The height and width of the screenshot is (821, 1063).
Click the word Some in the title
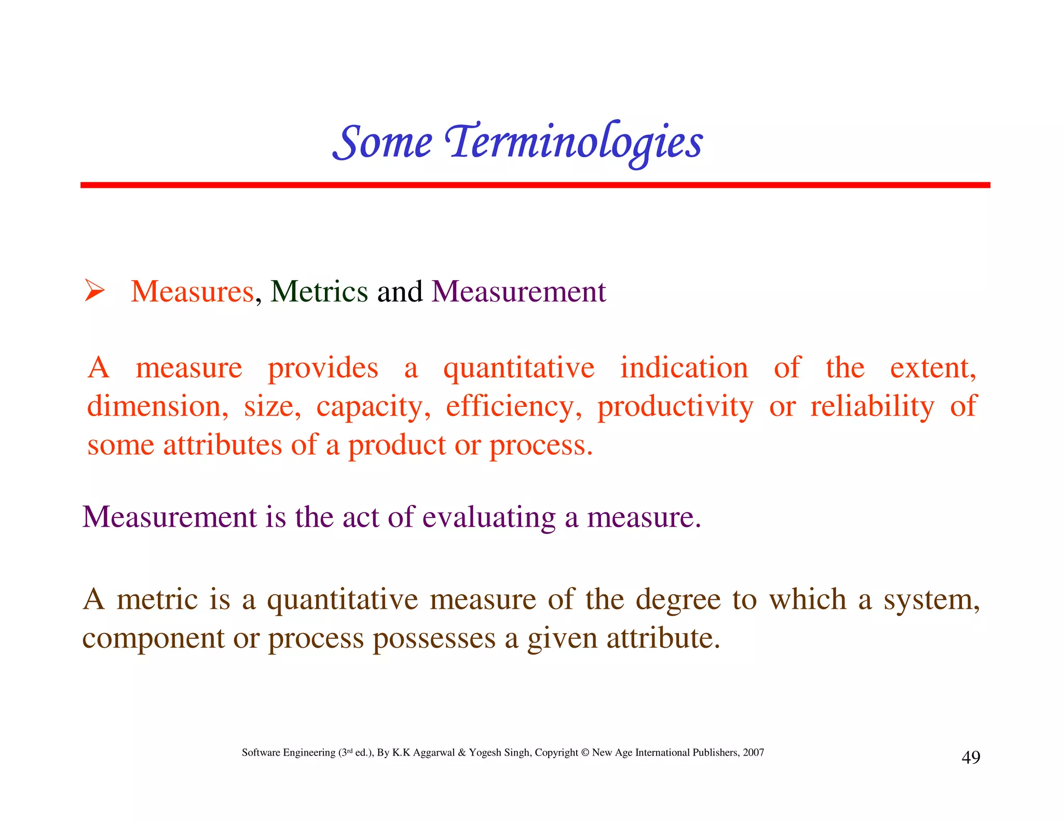click(x=383, y=142)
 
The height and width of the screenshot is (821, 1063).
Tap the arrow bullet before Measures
click(x=94, y=291)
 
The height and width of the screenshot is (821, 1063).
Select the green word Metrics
click(x=319, y=291)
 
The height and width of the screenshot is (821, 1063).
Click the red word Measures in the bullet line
click(x=192, y=291)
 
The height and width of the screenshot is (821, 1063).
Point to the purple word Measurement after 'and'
click(x=519, y=291)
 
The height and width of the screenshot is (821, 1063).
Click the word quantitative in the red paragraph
click(x=519, y=368)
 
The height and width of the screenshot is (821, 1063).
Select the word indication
click(x=684, y=368)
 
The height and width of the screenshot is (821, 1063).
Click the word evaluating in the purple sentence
click(x=488, y=517)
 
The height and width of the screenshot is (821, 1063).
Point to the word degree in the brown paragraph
click(x=678, y=600)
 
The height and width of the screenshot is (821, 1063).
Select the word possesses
click(x=434, y=638)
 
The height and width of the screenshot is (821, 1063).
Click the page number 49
click(x=971, y=757)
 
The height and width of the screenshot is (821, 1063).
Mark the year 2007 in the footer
click(x=753, y=752)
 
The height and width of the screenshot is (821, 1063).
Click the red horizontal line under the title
click(x=535, y=185)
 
